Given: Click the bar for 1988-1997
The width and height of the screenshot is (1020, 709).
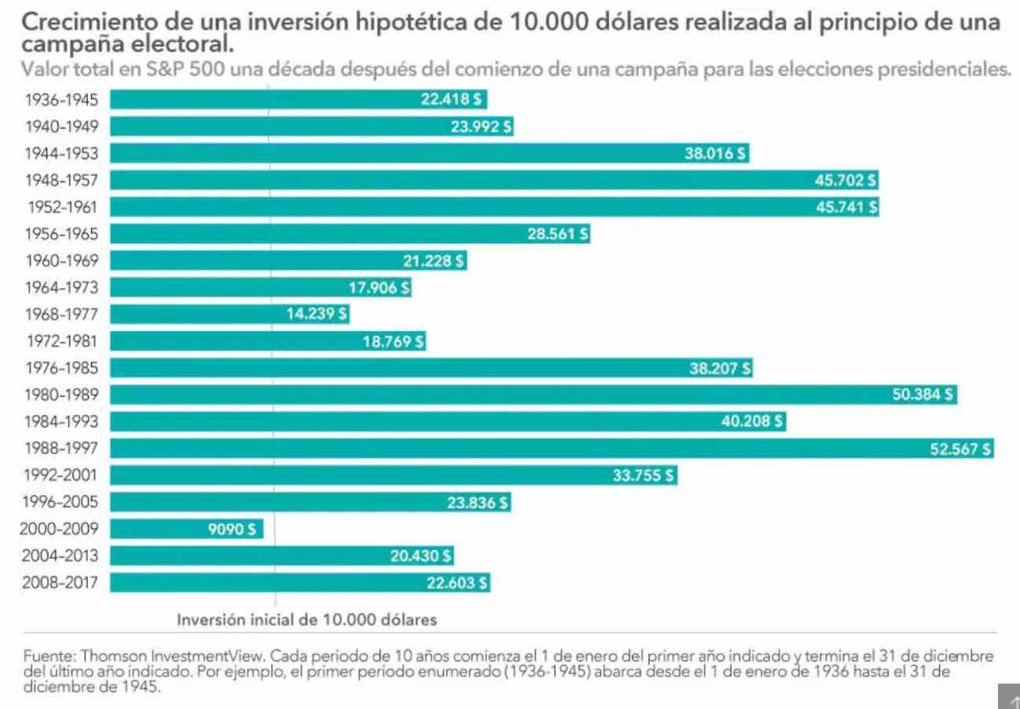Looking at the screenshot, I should pos(550,449).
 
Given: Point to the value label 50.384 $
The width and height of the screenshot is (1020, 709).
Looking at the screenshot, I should pos(923,395).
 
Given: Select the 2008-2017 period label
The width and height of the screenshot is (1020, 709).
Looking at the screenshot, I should pos(60,582).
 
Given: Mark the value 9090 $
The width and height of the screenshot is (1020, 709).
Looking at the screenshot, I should pos(232,529).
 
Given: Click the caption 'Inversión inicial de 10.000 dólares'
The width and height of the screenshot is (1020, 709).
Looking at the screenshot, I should pos(306,619).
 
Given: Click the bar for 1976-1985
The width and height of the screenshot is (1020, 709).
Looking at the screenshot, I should pos(393,368).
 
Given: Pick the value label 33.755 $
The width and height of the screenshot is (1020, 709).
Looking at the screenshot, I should pos(642,476).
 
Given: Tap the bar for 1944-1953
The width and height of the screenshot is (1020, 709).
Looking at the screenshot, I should pos(393,153).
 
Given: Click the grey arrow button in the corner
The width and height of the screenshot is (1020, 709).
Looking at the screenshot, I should pos(1008,698).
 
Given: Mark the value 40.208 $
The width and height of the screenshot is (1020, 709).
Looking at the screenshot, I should pos(751,421).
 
